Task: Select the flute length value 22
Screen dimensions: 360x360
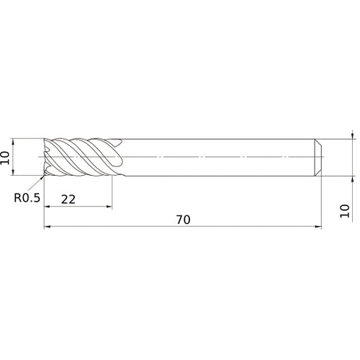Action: pyautogui.click(x=68, y=200)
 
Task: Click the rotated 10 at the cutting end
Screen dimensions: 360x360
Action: pyautogui.click(x=6, y=156)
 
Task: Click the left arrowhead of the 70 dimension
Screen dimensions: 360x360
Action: pyautogui.click(x=48, y=228)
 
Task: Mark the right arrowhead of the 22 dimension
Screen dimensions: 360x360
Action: pyautogui.click(x=109, y=208)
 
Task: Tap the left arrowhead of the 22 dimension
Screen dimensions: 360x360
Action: pyautogui.click(x=48, y=208)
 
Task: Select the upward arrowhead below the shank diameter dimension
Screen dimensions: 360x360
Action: pyautogui.click(x=352, y=178)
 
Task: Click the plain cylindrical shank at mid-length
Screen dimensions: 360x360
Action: pyautogui.click(x=216, y=156)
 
